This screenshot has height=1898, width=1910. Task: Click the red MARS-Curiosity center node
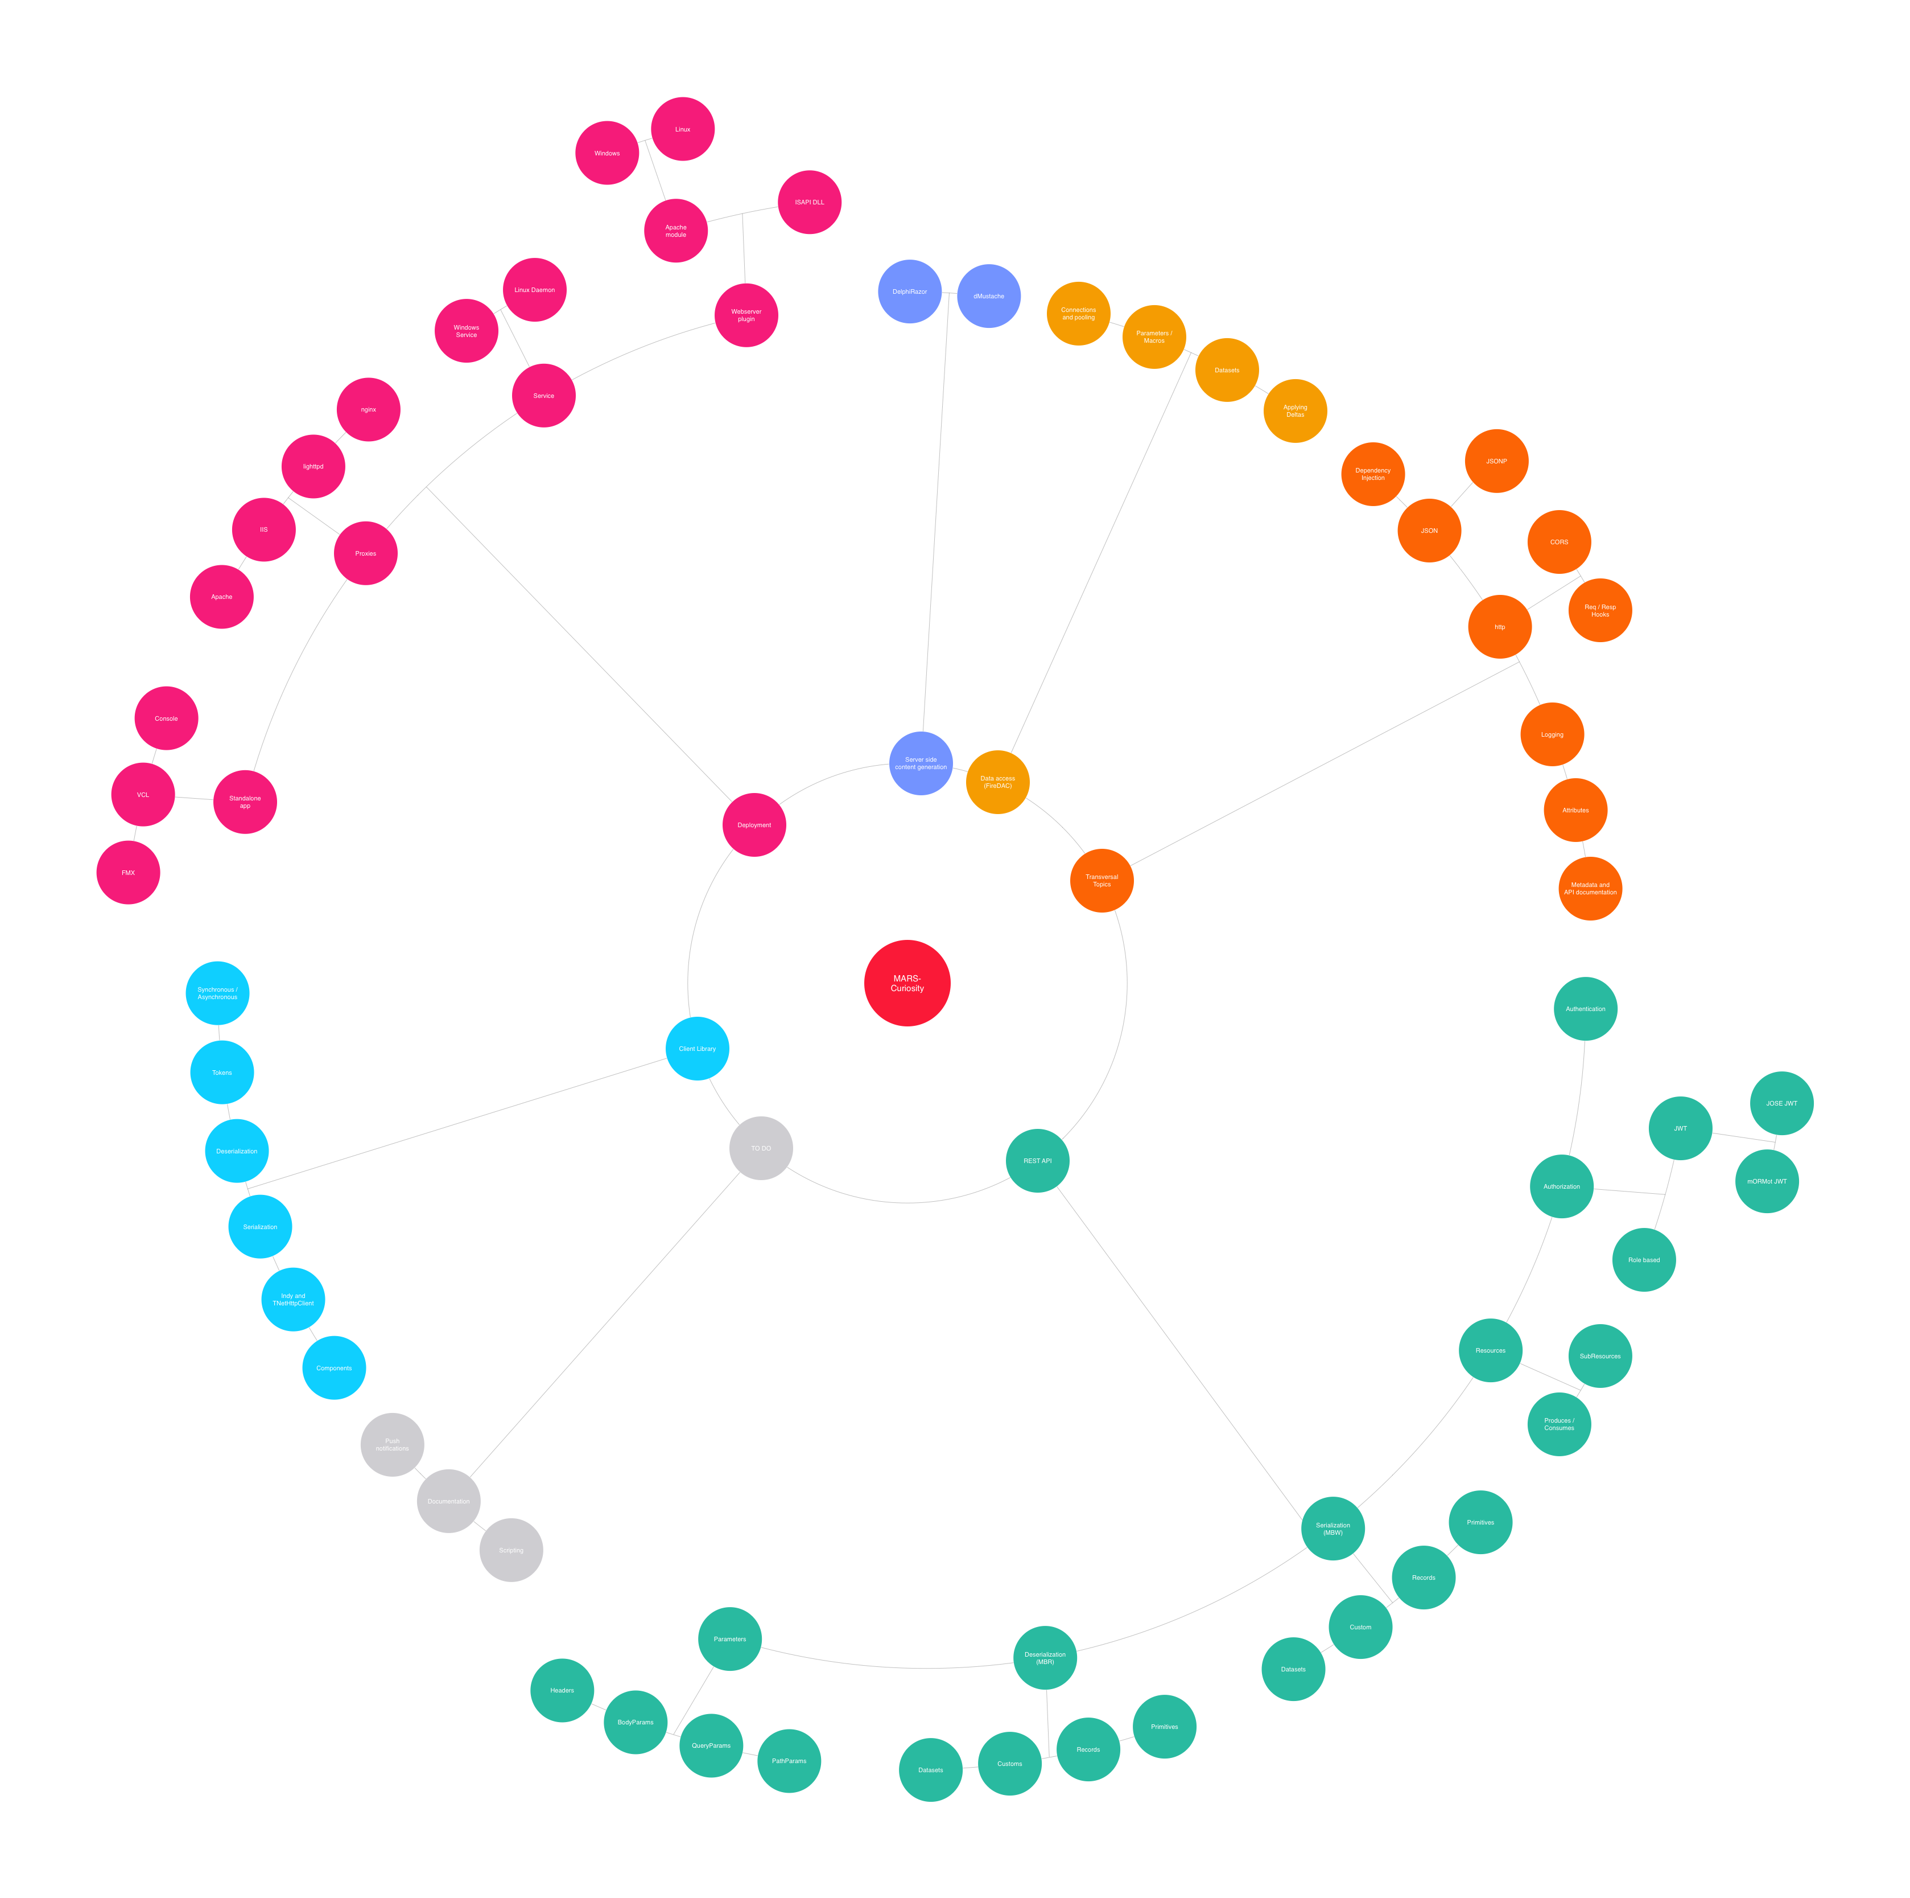click(x=906, y=983)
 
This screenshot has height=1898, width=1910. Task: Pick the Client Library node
click(x=697, y=1049)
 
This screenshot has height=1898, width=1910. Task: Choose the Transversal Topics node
click(x=1102, y=880)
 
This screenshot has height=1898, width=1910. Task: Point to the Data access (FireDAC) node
click(x=997, y=782)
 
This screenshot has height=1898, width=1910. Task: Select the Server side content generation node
click(x=921, y=763)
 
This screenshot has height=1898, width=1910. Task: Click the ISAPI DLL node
click(x=810, y=202)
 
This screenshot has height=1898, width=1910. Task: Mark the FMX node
click(x=129, y=872)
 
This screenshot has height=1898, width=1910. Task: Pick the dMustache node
click(x=989, y=295)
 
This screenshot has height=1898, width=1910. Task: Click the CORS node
click(x=1559, y=542)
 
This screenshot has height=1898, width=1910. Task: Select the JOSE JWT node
click(x=1781, y=1103)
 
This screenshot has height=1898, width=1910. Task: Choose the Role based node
click(x=1644, y=1260)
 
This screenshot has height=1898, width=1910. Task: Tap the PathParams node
click(x=789, y=1761)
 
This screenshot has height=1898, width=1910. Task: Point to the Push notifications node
click(x=393, y=1445)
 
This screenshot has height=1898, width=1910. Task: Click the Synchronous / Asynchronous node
click(x=217, y=993)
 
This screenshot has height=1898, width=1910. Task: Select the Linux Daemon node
click(x=535, y=290)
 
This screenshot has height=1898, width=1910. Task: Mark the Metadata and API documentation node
click(x=1590, y=888)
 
